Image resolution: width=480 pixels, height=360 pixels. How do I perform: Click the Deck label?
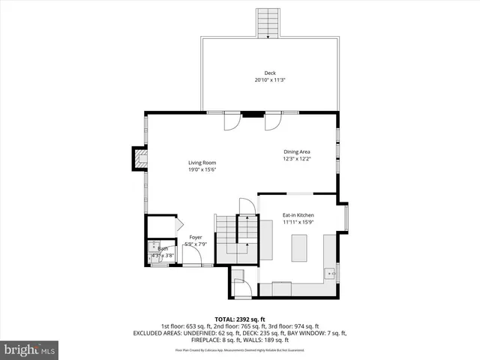(x=270, y=73)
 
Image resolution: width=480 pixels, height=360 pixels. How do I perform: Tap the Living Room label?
(x=202, y=163)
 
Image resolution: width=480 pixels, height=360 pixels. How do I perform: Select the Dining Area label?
(x=297, y=151)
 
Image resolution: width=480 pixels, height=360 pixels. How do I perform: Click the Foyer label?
(x=196, y=238)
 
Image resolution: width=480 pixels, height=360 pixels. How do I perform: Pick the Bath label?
(x=162, y=248)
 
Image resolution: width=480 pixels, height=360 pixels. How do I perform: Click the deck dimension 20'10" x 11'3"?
(x=270, y=79)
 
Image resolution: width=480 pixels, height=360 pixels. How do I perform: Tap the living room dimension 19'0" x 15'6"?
(x=202, y=169)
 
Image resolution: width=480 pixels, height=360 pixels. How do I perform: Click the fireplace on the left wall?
(x=139, y=158)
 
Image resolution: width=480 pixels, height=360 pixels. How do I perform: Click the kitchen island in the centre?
(x=298, y=247)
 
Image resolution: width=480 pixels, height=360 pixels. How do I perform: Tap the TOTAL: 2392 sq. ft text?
(x=240, y=319)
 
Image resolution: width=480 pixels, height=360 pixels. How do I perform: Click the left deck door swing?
(x=233, y=120)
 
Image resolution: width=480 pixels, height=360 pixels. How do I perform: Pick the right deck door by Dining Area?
(x=273, y=120)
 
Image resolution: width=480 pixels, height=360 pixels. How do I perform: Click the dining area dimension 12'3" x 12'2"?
(x=297, y=158)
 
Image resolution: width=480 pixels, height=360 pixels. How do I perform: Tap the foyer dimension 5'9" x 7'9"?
(x=196, y=244)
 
